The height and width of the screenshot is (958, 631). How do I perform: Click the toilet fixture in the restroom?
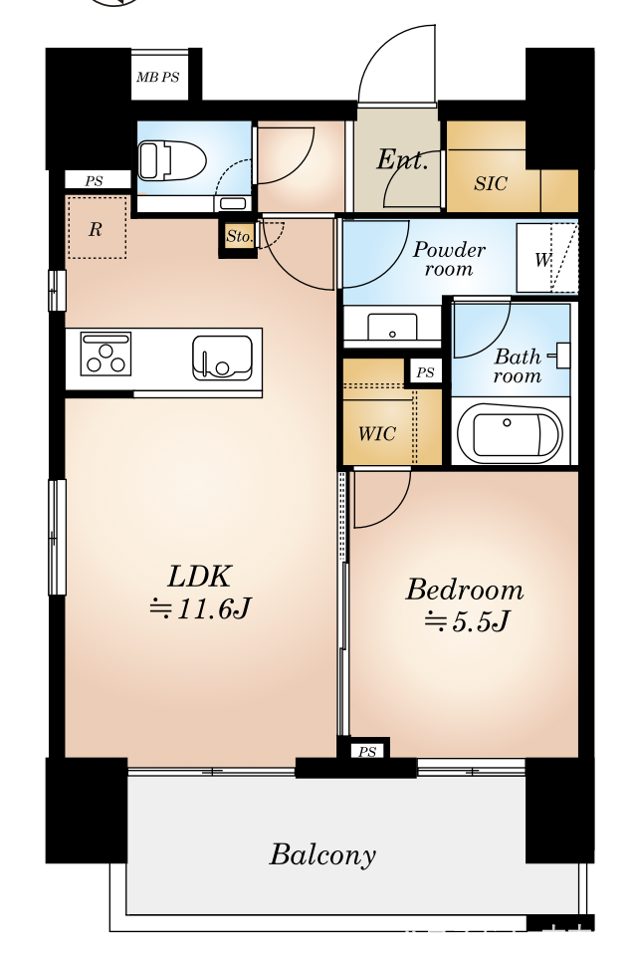point(171,160)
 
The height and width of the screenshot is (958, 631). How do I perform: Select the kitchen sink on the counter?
point(222,359)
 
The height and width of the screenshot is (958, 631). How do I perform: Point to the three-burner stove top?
point(105,354)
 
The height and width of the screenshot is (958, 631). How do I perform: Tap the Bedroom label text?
point(465,591)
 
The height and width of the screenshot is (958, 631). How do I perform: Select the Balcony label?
point(322,854)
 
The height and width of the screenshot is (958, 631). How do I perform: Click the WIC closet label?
point(377,434)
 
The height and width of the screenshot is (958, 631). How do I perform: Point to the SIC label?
point(491,183)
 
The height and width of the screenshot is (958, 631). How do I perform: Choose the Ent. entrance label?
point(401,160)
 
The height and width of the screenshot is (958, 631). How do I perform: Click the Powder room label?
point(449,259)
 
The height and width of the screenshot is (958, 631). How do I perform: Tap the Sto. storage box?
point(239,237)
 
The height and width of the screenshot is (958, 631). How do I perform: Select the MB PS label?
point(157,78)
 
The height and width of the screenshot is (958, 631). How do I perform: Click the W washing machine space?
point(546,259)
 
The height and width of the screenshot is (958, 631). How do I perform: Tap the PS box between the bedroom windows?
point(367,751)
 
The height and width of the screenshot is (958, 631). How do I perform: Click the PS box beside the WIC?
point(426,372)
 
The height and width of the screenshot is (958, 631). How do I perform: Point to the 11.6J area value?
point(200,608)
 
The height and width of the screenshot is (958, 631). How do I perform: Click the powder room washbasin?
point(392,327)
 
